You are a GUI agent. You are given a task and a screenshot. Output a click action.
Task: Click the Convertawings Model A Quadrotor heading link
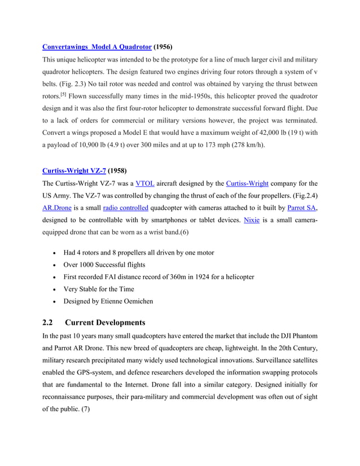(97, 47)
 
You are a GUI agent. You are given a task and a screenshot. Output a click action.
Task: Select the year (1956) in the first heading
(164, 47)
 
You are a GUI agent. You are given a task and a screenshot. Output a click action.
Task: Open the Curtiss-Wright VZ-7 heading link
(74, 170)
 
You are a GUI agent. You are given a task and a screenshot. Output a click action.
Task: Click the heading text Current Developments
(105, 323)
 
